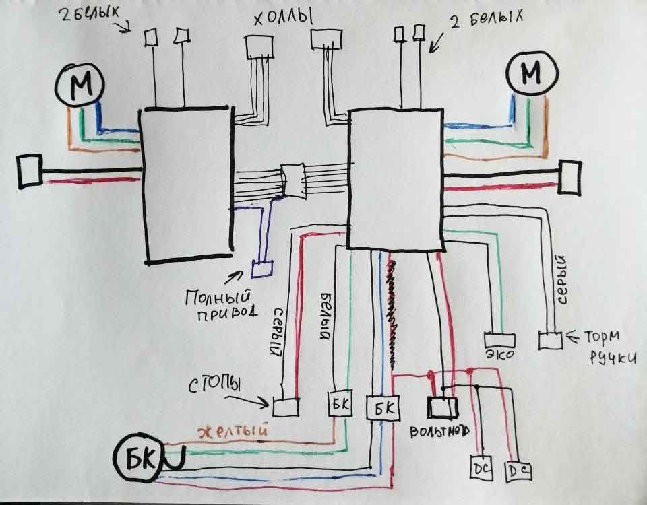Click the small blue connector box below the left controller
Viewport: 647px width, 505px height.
pos(261,269)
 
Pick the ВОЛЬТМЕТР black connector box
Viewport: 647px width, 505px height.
pos(443,407)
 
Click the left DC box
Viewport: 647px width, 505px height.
pos(481,467)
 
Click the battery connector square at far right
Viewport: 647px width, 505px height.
pos(569,178)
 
